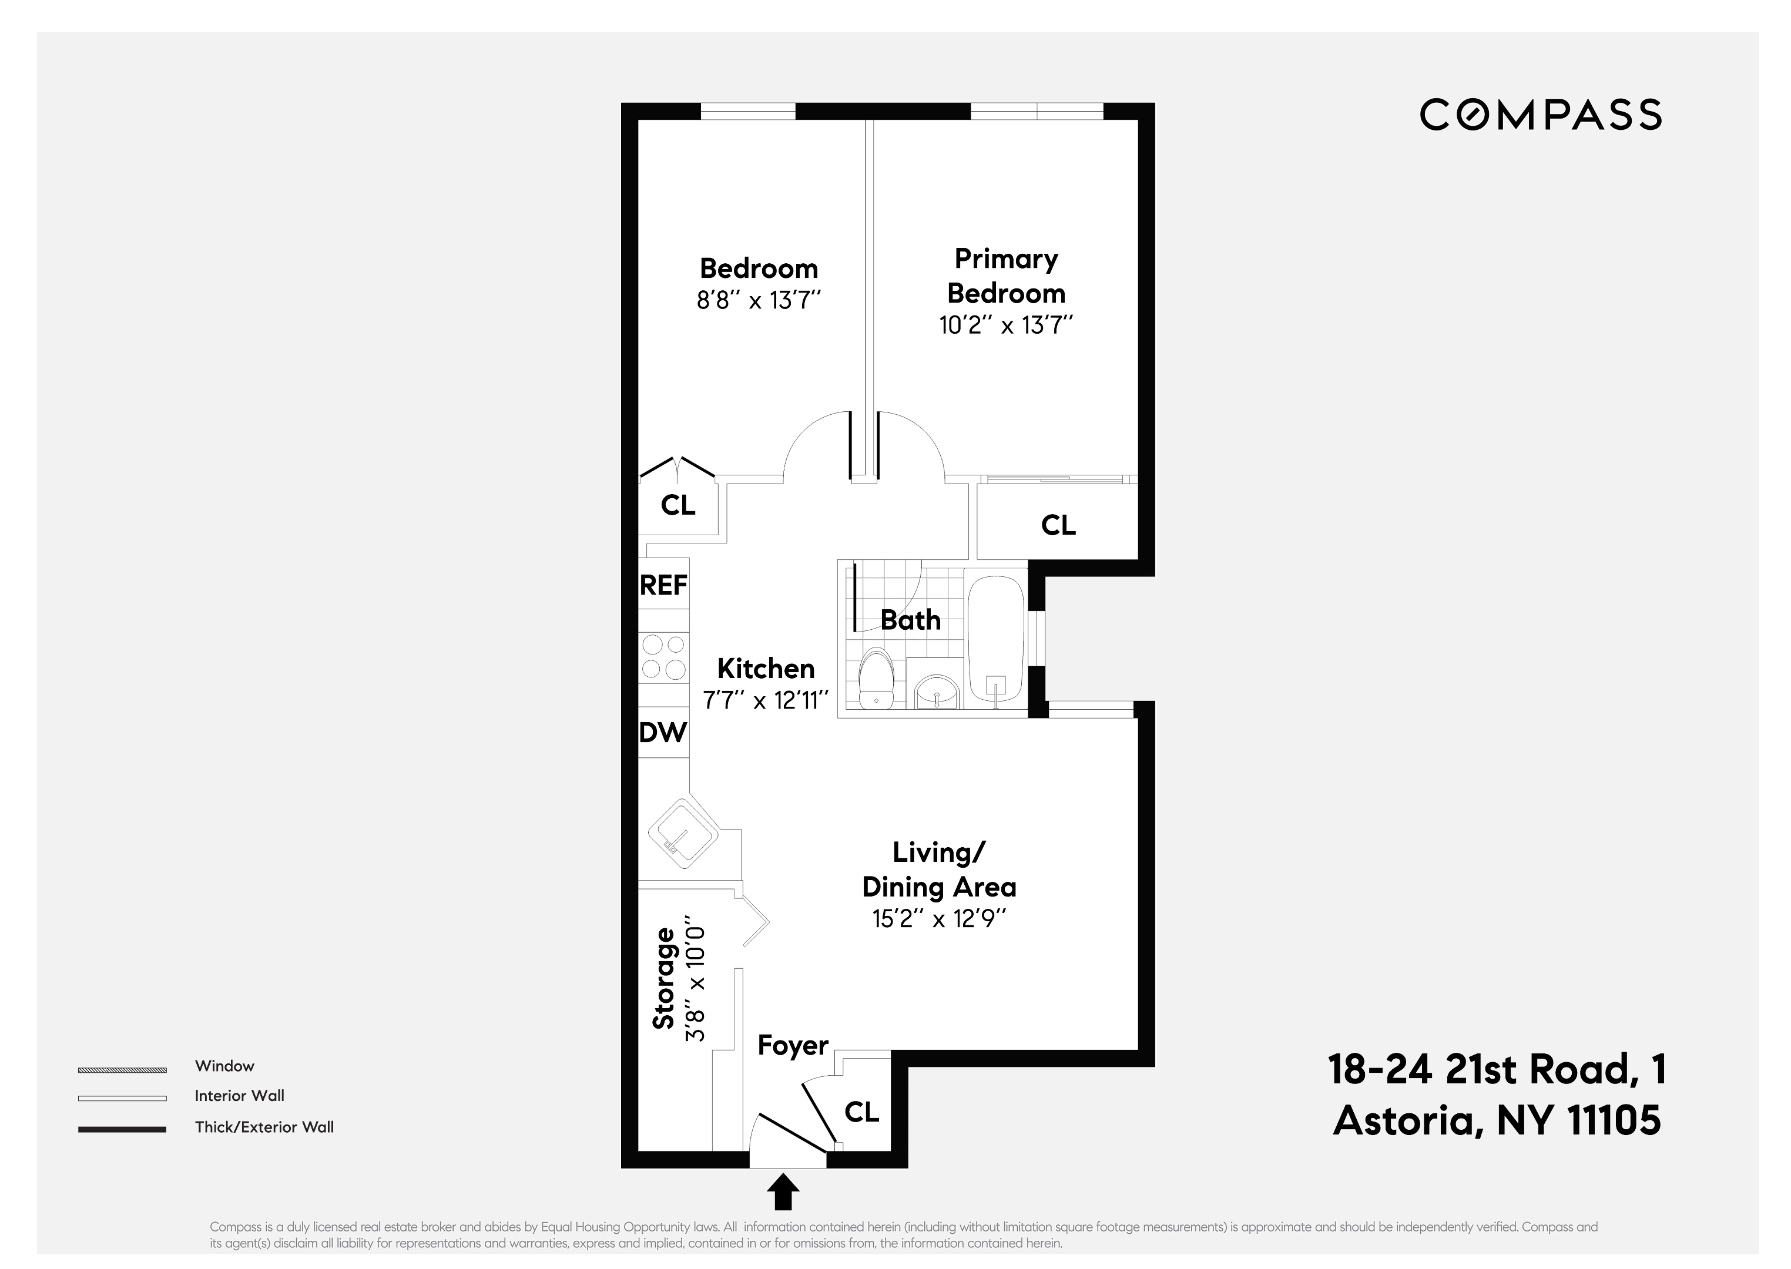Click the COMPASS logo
pyautogui.click(x=1540, y=115)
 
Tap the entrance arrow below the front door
pyautogui.click(x=783, y=1193)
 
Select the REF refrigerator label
pyautogui.click(x=663, y=585)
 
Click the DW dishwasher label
pyautogui.click(x=663, y=732)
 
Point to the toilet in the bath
pyautogui.click(x=876, y=677)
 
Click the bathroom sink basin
pyautogui.click(x=935, y=691)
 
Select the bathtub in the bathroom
pyautogui.click(x=995, y=639)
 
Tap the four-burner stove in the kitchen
pyautogui.click(x=663, y=657)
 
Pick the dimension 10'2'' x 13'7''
pyautogui.click(x=1006, y=325)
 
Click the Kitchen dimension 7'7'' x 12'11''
pyautogui.click(x=765, y=700)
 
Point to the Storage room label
pyautogui.click(x=664, y=978)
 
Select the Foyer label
pyautogui.click(x=792, y=1046)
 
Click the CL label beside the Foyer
pyautogui.click(x=862, y=1112)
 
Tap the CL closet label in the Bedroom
pyautogui.click(x=678, y=506)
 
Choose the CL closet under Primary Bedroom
pyautogui.click(x=1058, y=525)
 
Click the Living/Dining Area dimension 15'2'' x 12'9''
pyautogui.click(x=938, y=918)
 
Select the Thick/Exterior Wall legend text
pyautogui.click(x=264, y=1127)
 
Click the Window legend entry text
pyautogui.click(x=224, y=1066)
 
